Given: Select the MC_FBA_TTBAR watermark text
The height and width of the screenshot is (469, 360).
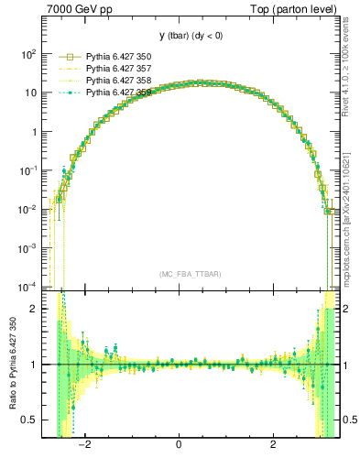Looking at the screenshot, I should pos(189,274).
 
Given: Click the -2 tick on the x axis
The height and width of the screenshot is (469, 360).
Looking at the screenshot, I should pos(85,445).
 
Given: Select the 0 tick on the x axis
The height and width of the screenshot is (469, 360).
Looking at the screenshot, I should pos(180,445).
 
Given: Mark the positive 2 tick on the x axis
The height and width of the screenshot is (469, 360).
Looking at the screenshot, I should pos(273,445).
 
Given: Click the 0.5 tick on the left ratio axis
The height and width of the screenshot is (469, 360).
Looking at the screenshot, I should pos(28,420).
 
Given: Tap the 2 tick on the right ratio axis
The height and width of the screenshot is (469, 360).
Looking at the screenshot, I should pos(347,309).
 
